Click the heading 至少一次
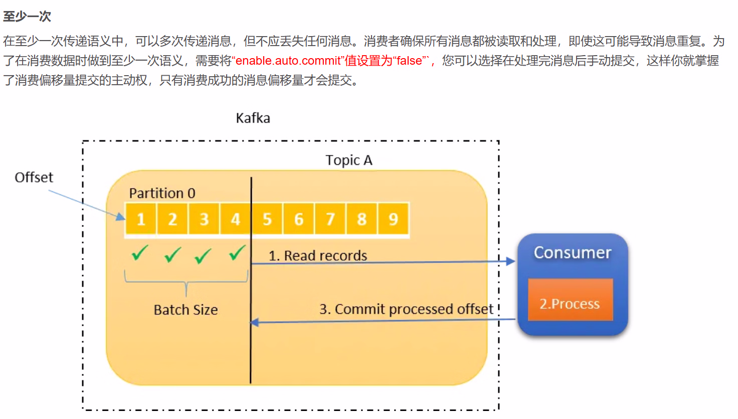27,17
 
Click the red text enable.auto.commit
288,61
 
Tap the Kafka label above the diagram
253,118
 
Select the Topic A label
348,160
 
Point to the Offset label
34,177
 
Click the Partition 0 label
162,193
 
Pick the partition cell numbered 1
141,219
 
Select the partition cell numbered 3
204,219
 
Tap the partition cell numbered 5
267,219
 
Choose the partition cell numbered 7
330,219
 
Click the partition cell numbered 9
393,219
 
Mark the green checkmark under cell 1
139,253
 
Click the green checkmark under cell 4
237,253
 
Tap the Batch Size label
186,310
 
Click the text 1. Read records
318,256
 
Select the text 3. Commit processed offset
406,309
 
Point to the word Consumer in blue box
573,253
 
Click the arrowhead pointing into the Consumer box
511,261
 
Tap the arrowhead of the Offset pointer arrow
121,217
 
